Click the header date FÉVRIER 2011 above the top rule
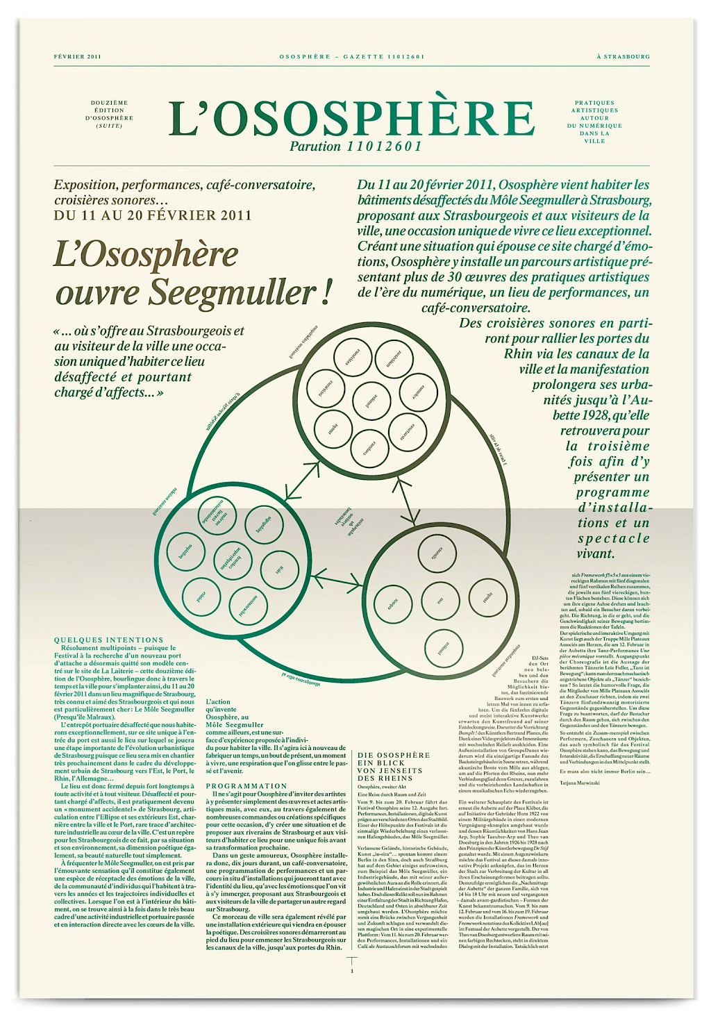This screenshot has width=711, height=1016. point(78,56)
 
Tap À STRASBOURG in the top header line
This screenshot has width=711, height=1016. point(624,56)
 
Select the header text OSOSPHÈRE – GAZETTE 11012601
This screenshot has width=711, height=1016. point(352,56)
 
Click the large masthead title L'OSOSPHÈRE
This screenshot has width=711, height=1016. point(352,118)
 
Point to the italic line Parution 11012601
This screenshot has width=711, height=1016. point(355,147)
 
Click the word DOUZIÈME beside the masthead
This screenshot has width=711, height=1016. point(110,103)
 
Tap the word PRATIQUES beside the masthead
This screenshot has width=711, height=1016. point(594,103)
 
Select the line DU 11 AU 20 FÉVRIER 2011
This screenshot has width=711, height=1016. point(153,215)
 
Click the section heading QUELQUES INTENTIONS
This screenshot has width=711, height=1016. point(109,640)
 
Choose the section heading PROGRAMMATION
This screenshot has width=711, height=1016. point(246,785)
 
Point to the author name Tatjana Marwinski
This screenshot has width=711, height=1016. point(579,783)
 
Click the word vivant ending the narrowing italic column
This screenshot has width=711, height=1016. point(596,553)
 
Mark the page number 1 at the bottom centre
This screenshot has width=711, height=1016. point(352,972)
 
